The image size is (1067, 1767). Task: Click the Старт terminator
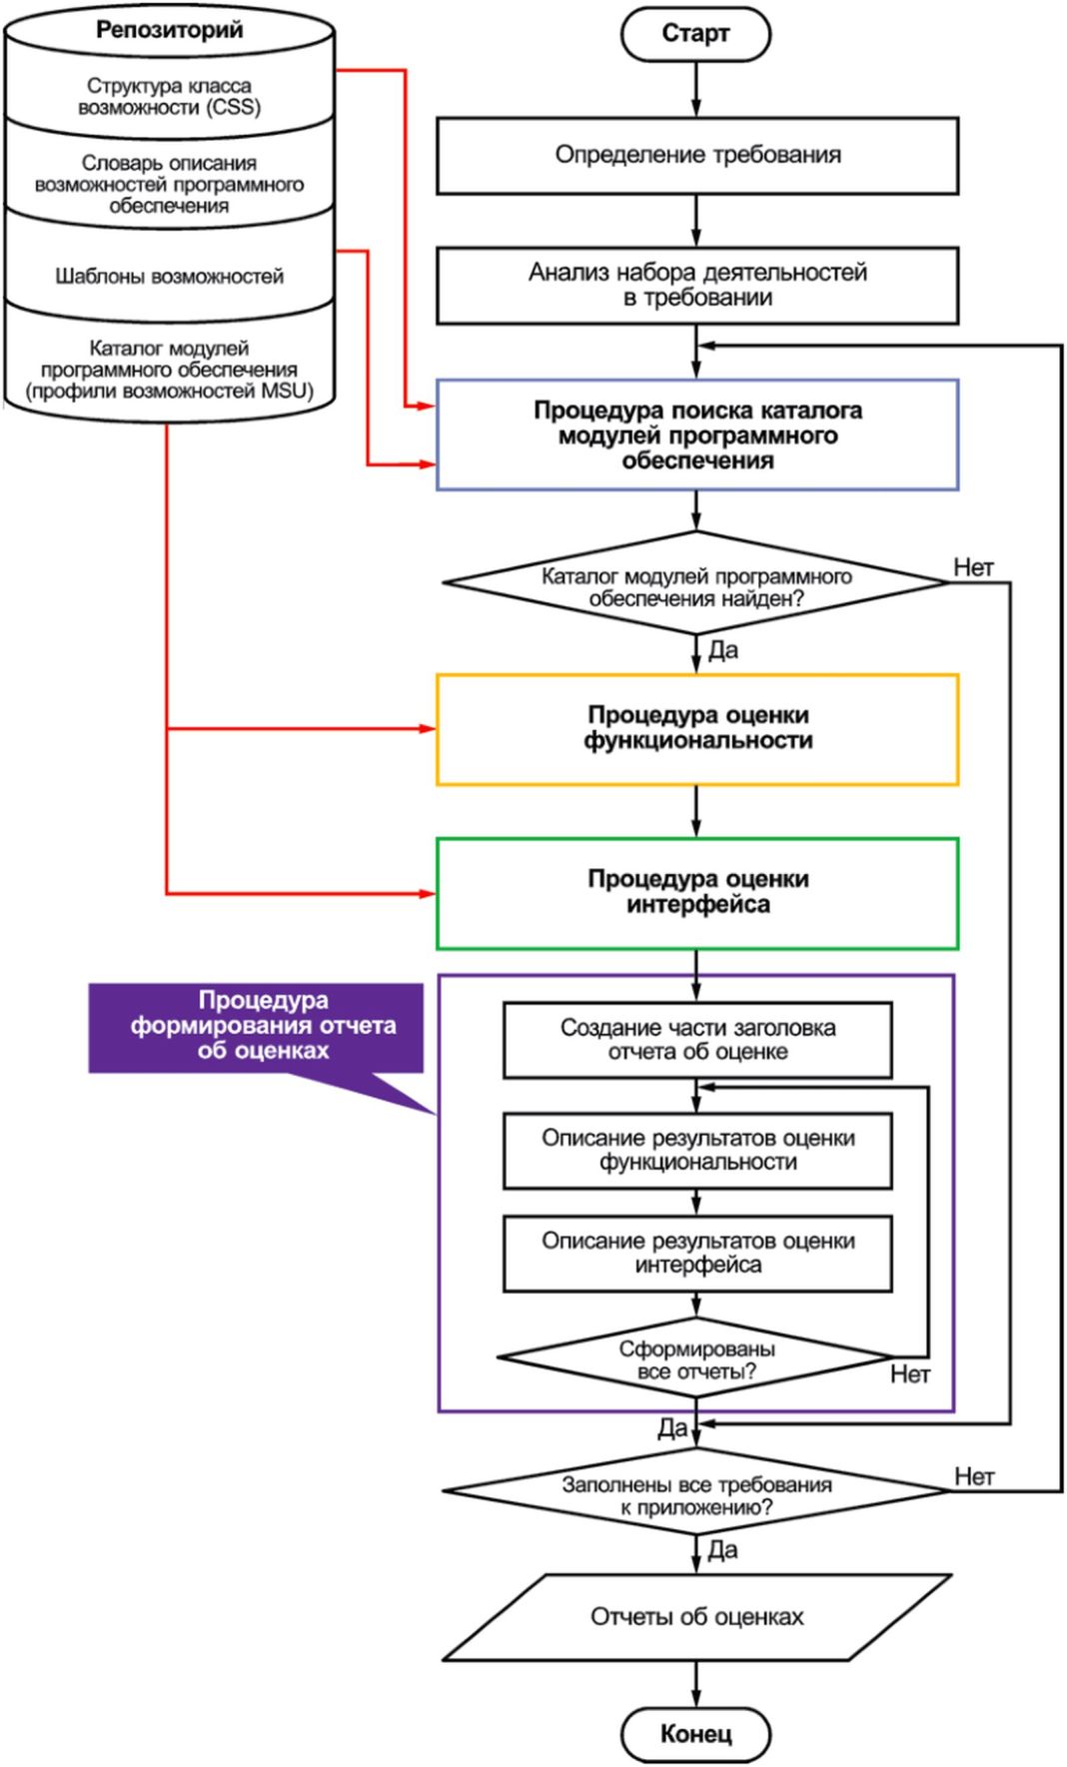click(x=695, y=35)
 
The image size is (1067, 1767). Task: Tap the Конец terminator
click(x=695, y=1733)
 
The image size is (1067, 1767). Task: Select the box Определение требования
click(x=696, y=155)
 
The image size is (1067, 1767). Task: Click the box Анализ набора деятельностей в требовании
click(x=696, y=285)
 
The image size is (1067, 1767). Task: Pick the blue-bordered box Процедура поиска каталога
click(x=696, y=435)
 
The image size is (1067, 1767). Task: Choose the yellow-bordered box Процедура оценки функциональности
click(x=696, y=728)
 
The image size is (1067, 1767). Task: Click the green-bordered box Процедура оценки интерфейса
click(x=696, y=892)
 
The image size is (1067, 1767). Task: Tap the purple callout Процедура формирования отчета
click(x=262, y=1026)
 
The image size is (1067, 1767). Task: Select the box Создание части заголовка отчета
click(x=696, y=1040)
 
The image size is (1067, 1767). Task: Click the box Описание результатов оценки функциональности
click(x=696, y=1151)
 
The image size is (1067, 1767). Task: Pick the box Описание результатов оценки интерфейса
click(x=696, y=1253)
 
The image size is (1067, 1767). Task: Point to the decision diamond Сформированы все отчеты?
click(x=695, y=1359)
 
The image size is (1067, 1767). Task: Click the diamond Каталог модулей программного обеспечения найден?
click(x=695, y=587)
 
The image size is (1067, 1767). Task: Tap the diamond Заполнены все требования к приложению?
click(x=695, y=1495)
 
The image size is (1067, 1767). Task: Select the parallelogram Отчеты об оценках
click(x=696, y=1617)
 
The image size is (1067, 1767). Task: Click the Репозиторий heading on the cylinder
click(x=169, y=30)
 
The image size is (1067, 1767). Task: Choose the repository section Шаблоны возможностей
click(x=169, y=276)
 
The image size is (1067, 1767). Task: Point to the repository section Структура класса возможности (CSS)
click(x=169, y=97)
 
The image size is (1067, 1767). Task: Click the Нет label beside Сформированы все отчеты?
click(x=909, y=1375)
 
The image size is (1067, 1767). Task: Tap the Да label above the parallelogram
click(x=722, y=1550)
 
